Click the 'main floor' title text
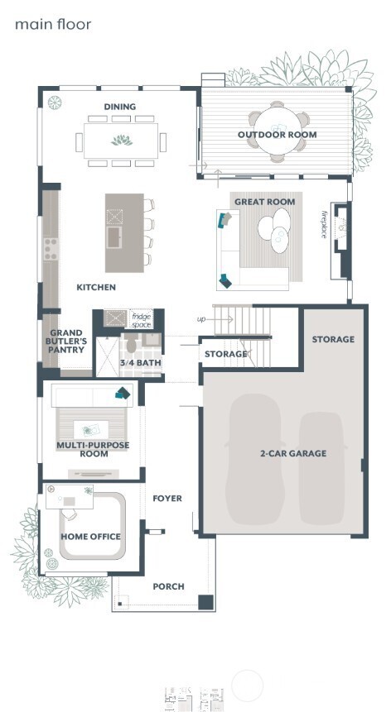(x=53, y=25)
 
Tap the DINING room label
(x=120, y=107)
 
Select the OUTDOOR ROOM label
(x=277, y=135)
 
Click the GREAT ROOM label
(x=259, y=202)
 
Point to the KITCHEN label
(x=96, y=288)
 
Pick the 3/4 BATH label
(x=140, y=363)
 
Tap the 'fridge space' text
(x=141, y=321)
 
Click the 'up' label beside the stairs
(x=201, y=319)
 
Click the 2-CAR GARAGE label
(x=293, y=453)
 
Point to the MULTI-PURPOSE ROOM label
(x=83, y=449)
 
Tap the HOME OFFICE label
(x=90, y=537)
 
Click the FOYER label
(x=167, y=499)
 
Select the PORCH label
(x=168, y=586)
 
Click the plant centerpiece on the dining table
(x=122, y=140)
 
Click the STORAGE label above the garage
(x=333, y=339)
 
